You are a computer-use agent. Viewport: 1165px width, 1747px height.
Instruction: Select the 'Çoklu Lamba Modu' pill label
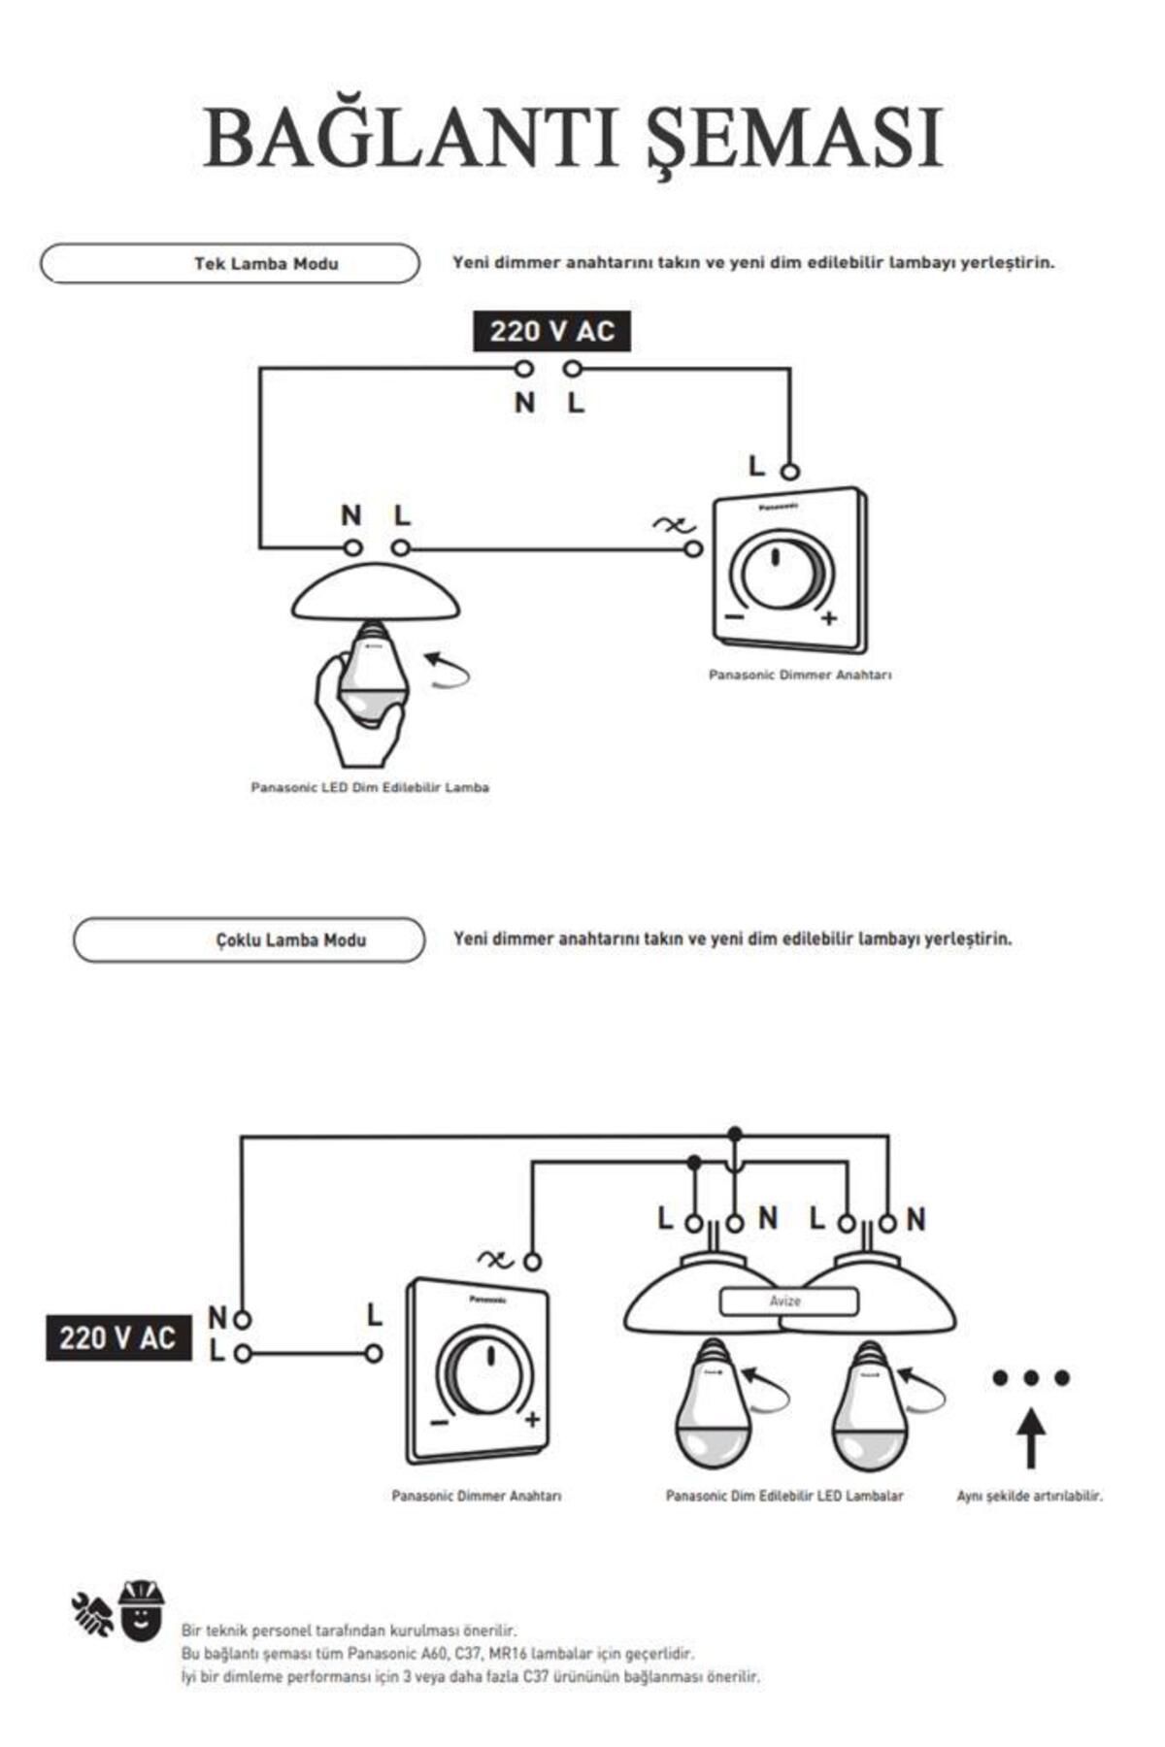[x=290, y=939]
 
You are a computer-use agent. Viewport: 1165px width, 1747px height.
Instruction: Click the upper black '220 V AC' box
[x=551, y=332]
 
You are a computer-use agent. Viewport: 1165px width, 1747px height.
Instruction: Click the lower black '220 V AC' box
[x=117, y=1338]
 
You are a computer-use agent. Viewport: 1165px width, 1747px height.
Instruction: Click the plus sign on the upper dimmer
[x=828, y=618]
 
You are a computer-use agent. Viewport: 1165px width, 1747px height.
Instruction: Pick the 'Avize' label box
[x=787, y=1302]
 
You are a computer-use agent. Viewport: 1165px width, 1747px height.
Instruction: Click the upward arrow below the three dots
[x=1031, y=1438]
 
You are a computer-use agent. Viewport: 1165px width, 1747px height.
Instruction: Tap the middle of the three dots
[x=1031, y=1377]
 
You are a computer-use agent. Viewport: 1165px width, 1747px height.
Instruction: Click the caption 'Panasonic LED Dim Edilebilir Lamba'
[x=370, y=787]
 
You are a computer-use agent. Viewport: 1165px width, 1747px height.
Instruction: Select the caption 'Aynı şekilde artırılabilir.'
[x=1029, y=1497]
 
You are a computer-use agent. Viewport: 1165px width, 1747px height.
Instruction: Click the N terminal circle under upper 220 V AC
[x=524, y=369]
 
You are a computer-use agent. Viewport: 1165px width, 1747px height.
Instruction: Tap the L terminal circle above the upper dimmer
[x=790, y=473]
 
